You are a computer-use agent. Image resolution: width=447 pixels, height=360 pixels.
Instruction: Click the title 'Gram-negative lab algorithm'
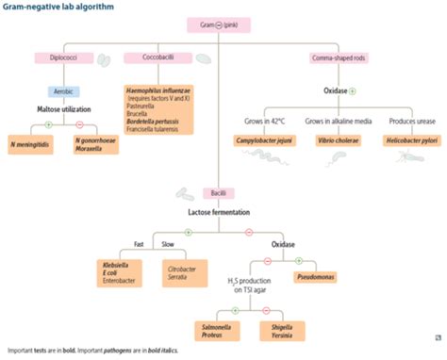(x=58, y=9)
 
